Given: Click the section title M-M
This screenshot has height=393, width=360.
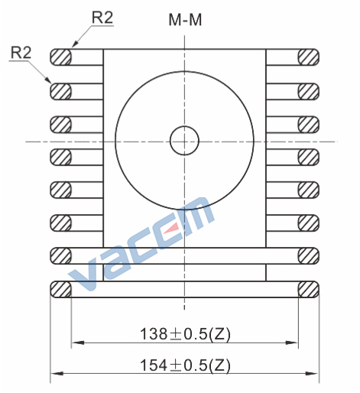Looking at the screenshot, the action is [x=185, y=20].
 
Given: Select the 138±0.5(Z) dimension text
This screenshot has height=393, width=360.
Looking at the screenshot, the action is [x=185, y=334].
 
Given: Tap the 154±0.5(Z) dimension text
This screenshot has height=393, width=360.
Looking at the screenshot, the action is [x=185, y=365].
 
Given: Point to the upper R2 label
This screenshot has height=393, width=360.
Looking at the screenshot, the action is [x=102, y=18].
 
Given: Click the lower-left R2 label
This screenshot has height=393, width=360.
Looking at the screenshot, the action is [x=21, y=53].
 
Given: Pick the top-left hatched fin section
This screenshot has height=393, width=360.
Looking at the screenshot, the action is [x=60, y=57].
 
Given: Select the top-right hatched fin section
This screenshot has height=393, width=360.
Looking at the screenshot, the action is [x=308, y=57].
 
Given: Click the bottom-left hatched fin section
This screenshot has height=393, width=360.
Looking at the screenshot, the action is [x=60, y=289].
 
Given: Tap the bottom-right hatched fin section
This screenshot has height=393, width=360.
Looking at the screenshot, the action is [x=308, y=289].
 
